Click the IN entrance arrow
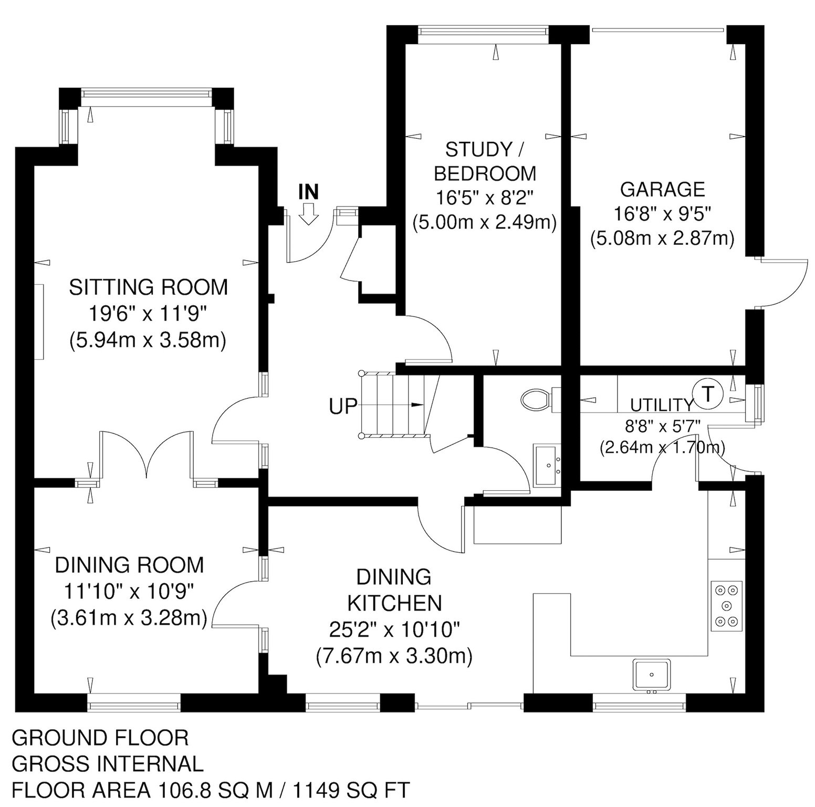tap(308, 214)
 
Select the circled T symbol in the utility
tap(708, 393)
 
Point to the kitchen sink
tap(652, 675)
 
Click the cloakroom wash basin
tap(548, 465)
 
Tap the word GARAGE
tap(662, 189)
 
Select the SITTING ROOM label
tap(149, 287)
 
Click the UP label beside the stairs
tap(343, 406)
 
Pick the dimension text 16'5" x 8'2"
tap(484, 198)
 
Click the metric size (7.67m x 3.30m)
tap(394, 656)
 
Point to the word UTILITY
tap(662, 405)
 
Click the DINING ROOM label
tap(129, 565)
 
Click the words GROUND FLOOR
tap(100, 738)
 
